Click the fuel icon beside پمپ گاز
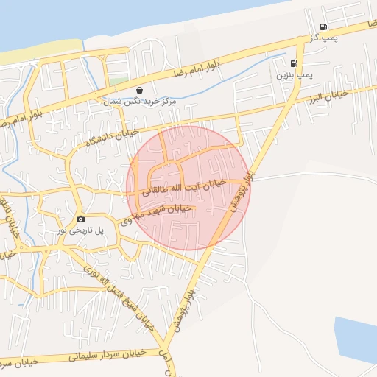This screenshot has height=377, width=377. click(x=323, y=27)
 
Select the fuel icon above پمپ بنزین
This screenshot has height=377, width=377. click(x=295, y=64)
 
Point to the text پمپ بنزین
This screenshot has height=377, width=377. click(x=295, y=75)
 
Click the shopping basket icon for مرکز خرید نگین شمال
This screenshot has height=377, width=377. click(x=139, y=91)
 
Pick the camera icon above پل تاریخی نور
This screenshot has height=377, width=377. click(x=80, y=219)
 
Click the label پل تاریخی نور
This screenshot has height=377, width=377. click(x=81, y=230)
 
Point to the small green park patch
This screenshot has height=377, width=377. click(x=118, y=80)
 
